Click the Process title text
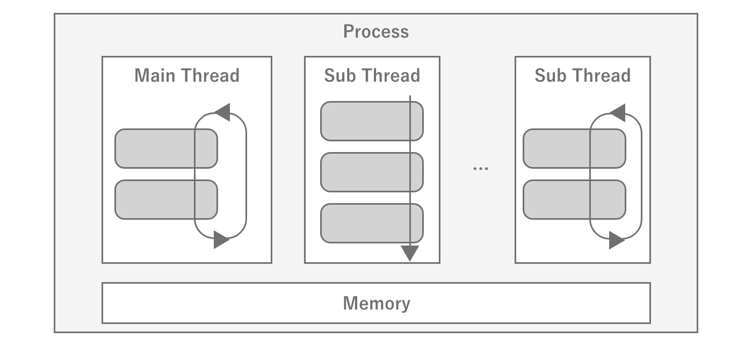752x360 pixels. click(376, 32)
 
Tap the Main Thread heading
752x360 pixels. click(187, 75)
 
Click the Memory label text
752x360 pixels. click(376, 304)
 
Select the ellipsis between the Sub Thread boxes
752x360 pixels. click(480, 168)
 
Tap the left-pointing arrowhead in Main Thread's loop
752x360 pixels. click(223, 112)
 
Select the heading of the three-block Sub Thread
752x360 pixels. click(372, 75)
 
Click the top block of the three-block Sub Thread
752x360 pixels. click(365, 121)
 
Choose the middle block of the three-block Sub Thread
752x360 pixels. click(365, 172)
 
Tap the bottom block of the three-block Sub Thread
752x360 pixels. click(365, 223)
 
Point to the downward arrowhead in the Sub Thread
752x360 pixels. click(410, 253)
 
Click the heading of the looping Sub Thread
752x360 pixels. click(582, 75)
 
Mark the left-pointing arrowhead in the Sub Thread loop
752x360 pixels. click(618, 112)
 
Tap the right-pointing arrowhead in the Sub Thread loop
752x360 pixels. click(617, 240)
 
